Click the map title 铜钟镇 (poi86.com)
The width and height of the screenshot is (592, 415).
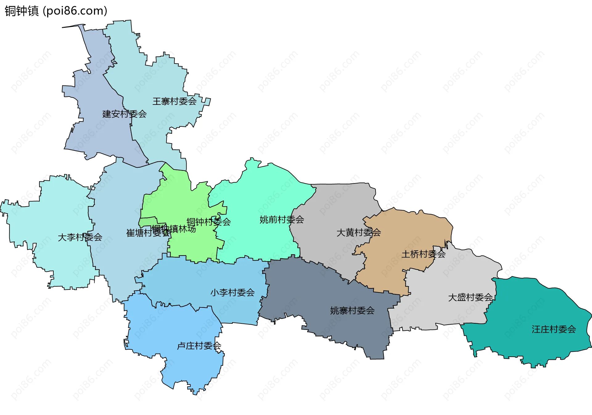coord(56,11)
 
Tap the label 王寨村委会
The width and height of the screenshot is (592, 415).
coord(175,101)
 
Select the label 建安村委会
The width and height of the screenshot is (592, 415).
coord(124,114)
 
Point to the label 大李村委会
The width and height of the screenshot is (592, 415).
coord(80,237)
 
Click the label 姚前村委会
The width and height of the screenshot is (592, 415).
coord(282,220)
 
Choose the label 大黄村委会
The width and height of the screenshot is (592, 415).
coord(359,232)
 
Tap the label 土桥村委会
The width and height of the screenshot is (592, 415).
coord(423,254)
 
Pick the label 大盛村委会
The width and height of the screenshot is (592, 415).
coord(470,297)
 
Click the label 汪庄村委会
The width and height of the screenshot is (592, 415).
coord(554,329)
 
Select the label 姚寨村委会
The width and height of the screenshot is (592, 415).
coord(352,310)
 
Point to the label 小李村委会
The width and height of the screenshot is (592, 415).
coord(232,292)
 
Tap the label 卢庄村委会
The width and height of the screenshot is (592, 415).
coord(199,346)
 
